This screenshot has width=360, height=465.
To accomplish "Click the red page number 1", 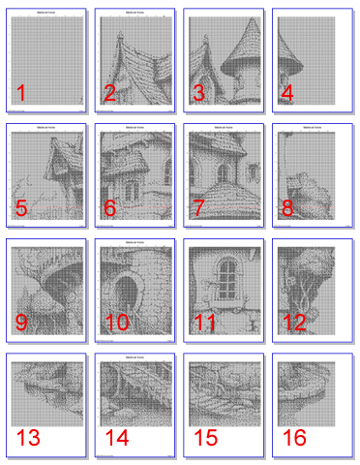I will click(x=21, y=94).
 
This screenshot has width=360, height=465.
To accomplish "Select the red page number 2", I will click(x=110, y=94).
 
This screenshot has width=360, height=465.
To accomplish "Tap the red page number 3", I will click(x=198, y=94).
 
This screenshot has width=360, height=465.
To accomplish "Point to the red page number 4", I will click(x=287, y=94).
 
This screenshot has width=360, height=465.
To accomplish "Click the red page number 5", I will click(x=21, y=207).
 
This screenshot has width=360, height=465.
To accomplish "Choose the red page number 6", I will click(x=110, y=207).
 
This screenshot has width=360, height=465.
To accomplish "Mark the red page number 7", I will click(x=198, y=207).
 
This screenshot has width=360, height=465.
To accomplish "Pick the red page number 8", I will click(x=287, y=207).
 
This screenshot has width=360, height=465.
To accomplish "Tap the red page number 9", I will click(x=21, y=322).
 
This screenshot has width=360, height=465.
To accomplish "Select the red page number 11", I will click(x=204, y=322).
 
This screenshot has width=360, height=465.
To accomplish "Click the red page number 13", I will click(x=28, y=437).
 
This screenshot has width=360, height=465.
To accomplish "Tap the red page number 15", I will click(x=205, y=437).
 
